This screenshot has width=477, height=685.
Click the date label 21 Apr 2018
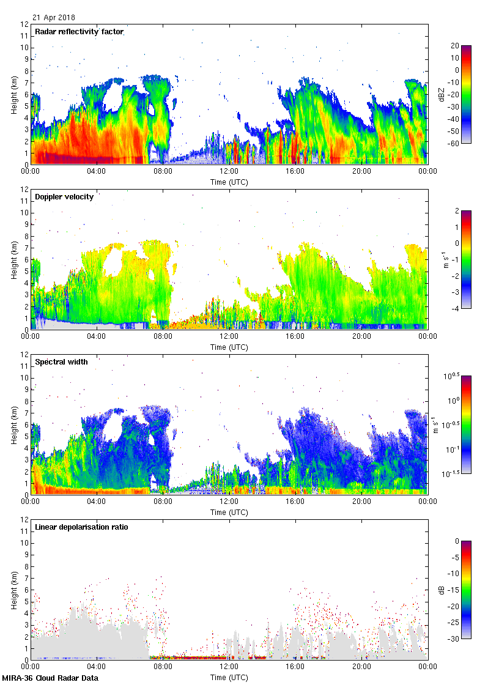(54, 18)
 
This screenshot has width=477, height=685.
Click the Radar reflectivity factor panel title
(79, 32)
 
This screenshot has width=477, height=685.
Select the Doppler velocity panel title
(64, 197)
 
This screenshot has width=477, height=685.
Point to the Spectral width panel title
(61, 362)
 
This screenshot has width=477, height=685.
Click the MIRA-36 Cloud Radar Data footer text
(48, 678)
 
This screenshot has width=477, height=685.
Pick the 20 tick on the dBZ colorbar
(456, 46)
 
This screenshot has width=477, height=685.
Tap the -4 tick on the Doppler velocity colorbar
(456, 308)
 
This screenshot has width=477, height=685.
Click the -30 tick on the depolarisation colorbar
(456, 639)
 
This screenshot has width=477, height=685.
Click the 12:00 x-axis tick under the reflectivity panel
(229, 171)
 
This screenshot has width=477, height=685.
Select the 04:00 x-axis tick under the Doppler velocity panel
(97, 336)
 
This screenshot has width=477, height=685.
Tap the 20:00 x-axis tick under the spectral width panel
(361, 502)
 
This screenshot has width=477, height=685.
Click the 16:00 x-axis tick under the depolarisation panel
(295, 667)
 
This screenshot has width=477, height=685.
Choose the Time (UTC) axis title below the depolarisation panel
(229, 677)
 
